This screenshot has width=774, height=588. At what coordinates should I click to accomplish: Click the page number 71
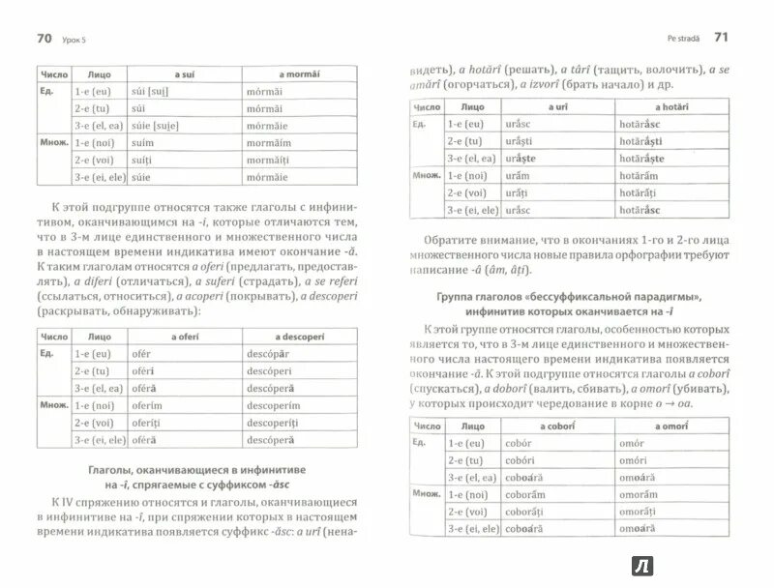pyautogui.click(x=719, y=38)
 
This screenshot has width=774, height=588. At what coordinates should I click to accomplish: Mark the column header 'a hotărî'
pyautogui.click(x=670, y=106)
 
